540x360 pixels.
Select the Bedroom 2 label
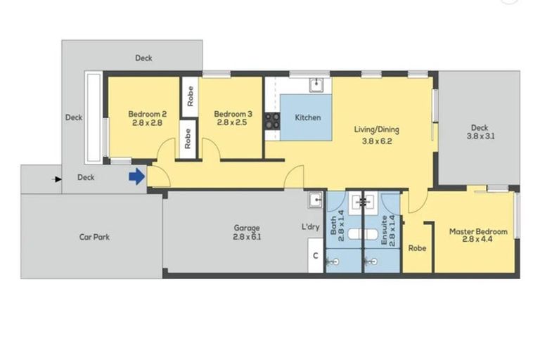[147, 114]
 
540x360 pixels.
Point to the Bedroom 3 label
[233, 114]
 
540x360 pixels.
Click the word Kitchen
[307, 117]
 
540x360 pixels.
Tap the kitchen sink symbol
[317, 85]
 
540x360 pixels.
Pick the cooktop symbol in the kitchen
[271, 121]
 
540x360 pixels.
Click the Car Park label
[94, 237]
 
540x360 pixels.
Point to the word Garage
[247, 228]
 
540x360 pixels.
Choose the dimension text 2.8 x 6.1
[247, 238]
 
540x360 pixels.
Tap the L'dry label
[311, 228]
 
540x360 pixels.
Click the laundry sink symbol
[315, 200]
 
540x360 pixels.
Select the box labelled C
[315, 255]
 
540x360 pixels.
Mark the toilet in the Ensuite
[370, 262]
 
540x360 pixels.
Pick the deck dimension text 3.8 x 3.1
[480, 137]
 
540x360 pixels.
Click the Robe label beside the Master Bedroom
[417, 248]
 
